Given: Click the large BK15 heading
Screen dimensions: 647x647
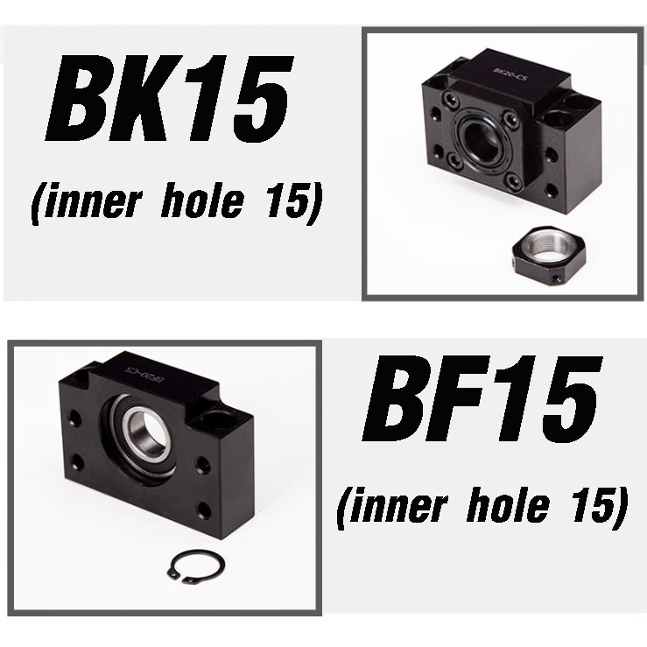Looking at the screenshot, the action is tap(170, 98).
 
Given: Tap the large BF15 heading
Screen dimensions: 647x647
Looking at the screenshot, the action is tap(482, 398).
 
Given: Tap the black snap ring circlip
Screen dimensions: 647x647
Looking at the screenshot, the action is tap(196, 567).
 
